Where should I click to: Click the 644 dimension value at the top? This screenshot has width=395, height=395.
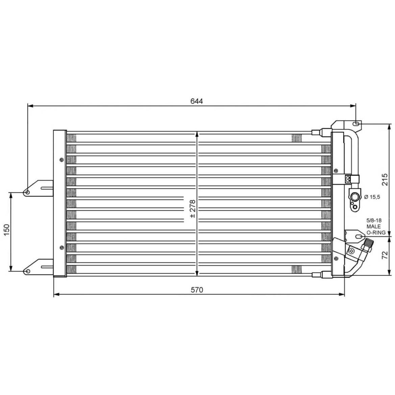(x=197, y=101)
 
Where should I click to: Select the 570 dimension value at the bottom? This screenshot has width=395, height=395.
(x=197, y=290)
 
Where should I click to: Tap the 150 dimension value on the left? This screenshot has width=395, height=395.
(x=6, y=230)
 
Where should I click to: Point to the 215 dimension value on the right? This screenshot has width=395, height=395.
(x=385, y=179)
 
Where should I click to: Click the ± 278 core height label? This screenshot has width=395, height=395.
(x=193, y=208)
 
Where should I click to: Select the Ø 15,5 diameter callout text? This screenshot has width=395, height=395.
(x=372, y=197)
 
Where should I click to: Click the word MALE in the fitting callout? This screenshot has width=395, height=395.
(x=374, y=226)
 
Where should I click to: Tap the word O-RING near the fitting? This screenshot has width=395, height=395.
(x=376, y=232)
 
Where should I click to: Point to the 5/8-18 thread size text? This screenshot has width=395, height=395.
(x=374, y=220)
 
